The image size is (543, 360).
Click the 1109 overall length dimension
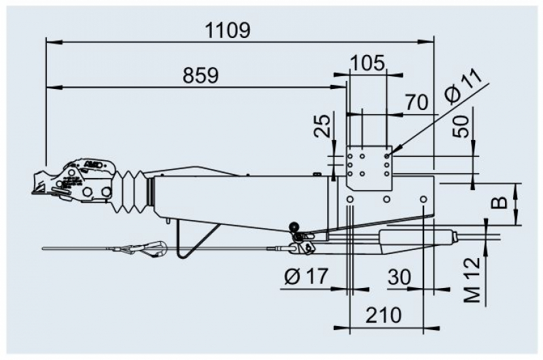pos(227,30)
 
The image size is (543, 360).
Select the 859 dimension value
pos(201,75)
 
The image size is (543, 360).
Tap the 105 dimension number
pos(367,63)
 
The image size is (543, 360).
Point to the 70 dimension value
pos(417,103)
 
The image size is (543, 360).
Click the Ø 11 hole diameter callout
pos(464,87)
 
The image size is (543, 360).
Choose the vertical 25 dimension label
pos(322,126)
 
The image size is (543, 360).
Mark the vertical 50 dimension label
pos(462,127)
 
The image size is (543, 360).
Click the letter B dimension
pos(500,202)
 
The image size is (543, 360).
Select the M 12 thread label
pos(472,280)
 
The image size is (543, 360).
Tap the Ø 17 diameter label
pos(306,277)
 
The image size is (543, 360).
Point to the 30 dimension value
pos(400,277)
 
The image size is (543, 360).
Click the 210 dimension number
pos(383,315)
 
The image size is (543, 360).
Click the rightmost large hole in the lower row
pos(423,199)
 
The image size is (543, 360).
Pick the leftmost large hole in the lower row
pos(350,199)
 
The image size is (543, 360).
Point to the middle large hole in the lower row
pos(387,199)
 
